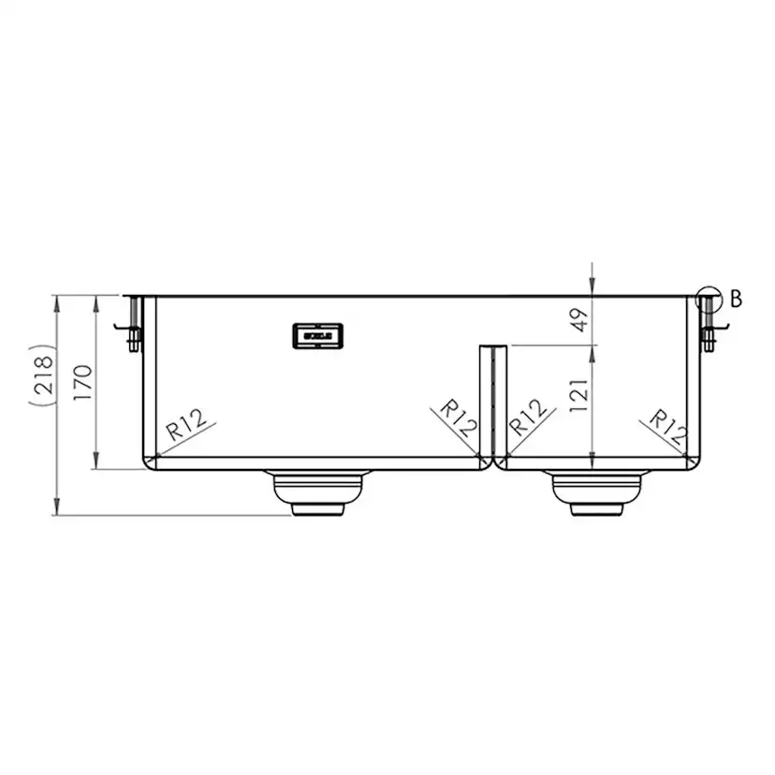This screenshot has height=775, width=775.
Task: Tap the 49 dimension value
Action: tap(581, 320)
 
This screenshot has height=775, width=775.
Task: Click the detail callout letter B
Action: tap(736, 300)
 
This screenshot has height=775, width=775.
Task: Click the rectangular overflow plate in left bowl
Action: tap(318, 335)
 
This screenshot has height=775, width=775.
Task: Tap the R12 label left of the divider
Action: tap(456, 419)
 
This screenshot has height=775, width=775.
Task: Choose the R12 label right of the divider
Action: tap(527, 418)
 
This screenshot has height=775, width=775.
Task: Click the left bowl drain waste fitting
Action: tap(318, 493)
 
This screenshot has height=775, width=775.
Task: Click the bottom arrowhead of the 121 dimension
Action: tap(592, 461)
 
